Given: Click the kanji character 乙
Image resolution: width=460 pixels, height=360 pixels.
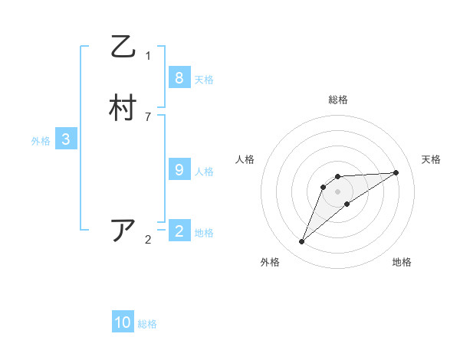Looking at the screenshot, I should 123,47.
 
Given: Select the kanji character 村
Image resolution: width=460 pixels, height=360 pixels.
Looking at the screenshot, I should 123,109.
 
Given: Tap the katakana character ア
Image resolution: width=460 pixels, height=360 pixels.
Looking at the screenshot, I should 123,231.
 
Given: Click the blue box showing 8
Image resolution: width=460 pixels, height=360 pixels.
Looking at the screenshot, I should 179,77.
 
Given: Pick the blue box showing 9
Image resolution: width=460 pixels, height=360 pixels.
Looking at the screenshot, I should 179,170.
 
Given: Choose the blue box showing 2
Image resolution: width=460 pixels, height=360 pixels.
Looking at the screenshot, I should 179,231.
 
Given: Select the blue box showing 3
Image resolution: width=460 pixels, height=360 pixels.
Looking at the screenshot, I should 66,139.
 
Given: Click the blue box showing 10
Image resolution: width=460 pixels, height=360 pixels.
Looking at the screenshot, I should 123,322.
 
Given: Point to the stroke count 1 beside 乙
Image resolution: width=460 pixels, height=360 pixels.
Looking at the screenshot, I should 148,55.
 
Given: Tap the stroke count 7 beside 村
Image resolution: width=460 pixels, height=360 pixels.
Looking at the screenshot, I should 148,116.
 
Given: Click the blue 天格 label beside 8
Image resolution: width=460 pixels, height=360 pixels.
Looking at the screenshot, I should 204,79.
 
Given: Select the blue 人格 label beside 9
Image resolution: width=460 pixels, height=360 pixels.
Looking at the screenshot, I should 204,172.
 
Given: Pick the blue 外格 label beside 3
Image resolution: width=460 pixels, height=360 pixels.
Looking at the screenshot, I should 41,141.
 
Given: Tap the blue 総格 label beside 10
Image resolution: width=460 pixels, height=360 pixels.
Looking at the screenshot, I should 147,324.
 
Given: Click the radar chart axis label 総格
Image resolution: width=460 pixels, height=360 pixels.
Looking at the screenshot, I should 338,100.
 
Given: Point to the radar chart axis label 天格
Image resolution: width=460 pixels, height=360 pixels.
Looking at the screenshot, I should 431,159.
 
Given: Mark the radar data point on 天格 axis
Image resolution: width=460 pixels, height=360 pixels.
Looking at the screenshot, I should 396,172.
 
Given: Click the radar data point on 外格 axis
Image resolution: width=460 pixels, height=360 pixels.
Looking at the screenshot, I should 302,242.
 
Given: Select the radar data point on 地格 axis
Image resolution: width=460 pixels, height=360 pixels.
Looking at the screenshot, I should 347,204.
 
